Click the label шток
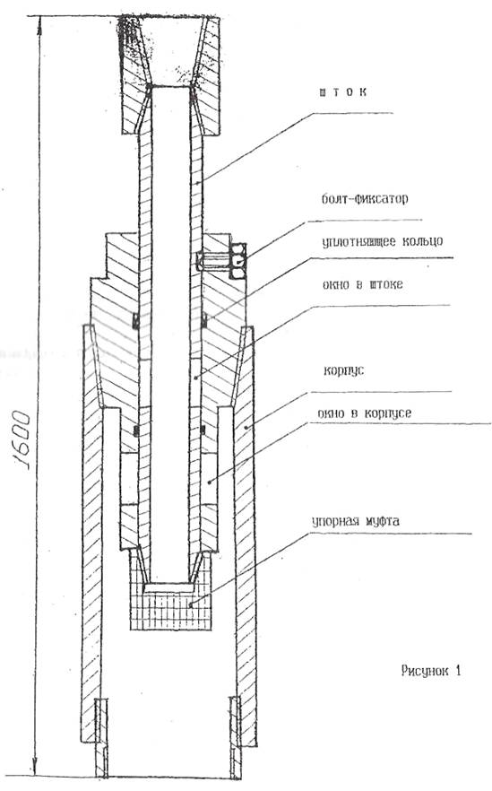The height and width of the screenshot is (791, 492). (x=342, y=91)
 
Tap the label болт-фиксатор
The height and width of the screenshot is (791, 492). (x=365, y=198)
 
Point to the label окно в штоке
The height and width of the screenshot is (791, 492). (x=362, y=284)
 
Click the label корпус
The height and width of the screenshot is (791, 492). (x=344, y=371)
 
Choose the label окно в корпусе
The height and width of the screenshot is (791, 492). (x=365, y=413)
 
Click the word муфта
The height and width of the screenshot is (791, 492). (x=381, y=520)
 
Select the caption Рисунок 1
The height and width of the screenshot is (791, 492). (x=431, y=671)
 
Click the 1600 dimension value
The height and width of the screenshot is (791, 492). (x=21, y=439)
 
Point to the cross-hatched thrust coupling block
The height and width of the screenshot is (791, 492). (x=170, y=605)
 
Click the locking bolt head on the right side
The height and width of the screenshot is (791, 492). (x=238, y=261)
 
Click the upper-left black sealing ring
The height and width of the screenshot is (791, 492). (x=135, y=321)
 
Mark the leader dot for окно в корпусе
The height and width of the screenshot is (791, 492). (x=209, y=482)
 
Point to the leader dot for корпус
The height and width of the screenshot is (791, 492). (x=246, y=427)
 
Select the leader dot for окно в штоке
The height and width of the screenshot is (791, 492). (x=195, y=377)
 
